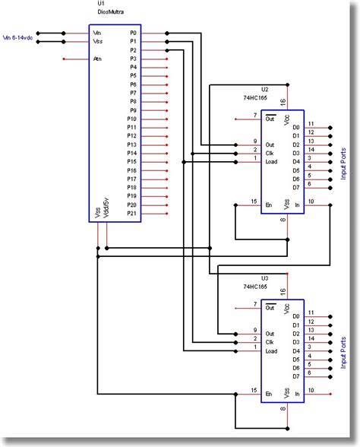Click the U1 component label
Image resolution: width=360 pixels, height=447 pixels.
[x=102, y=5]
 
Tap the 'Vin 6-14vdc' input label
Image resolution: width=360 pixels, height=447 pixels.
[x=19, y=35]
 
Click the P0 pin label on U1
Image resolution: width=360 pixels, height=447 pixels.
[x=133, y=33]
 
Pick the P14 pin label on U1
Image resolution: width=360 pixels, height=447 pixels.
[x=131, y=154]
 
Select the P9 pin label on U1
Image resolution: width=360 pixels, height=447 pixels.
[x=133, y=110]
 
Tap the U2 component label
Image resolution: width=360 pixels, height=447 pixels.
[x=264, y=90]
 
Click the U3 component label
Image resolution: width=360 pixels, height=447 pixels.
[x=264, y=279]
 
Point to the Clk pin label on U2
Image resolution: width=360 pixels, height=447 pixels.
[x=269, y=151]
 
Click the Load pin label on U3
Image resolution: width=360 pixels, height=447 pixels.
[x=271, y=350]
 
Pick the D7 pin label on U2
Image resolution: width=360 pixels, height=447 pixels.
[x=295, y=187]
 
